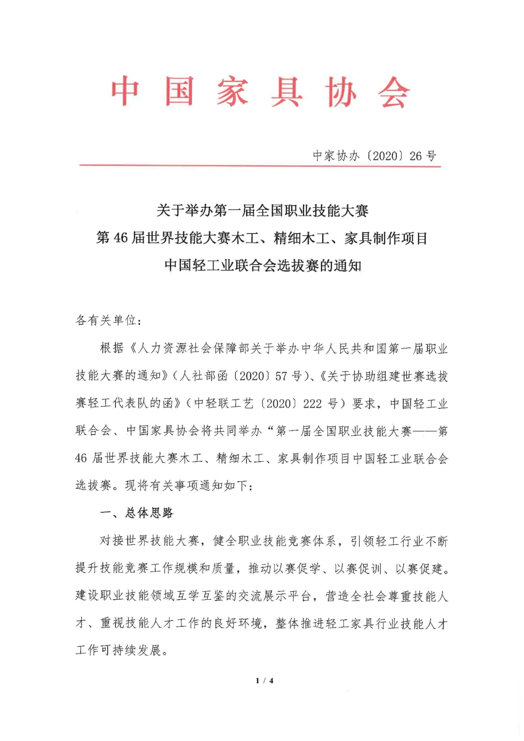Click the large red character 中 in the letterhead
(125, 91)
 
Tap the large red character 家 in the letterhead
(232, 91)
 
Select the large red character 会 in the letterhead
(394, 92)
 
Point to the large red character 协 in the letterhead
(341, 92)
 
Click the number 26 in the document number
(416, 156)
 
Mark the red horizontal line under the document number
(260, 166)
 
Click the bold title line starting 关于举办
(262, 211)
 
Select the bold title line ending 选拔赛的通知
(262, 265)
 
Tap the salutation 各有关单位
(108, 320)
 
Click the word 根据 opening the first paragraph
(112, 348)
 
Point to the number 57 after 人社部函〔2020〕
(281, 376)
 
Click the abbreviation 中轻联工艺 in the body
(224, 404)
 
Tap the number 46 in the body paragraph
(81, 458)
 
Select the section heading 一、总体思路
(136, 513)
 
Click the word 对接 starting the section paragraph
(112, 541)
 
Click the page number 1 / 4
(264, 681)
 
